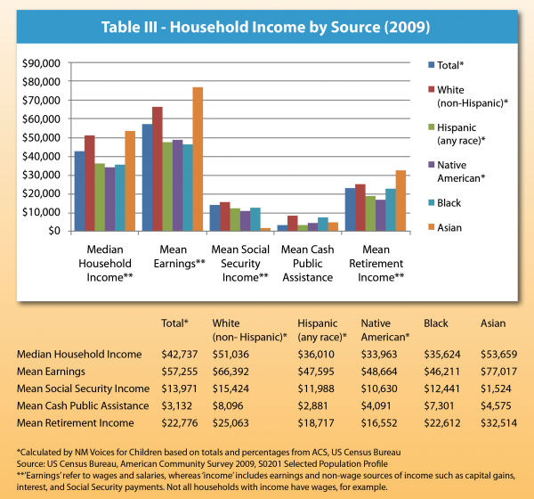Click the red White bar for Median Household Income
click(90, 183)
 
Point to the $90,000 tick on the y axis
click(40, 63)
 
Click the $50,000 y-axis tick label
click(40, 138)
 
